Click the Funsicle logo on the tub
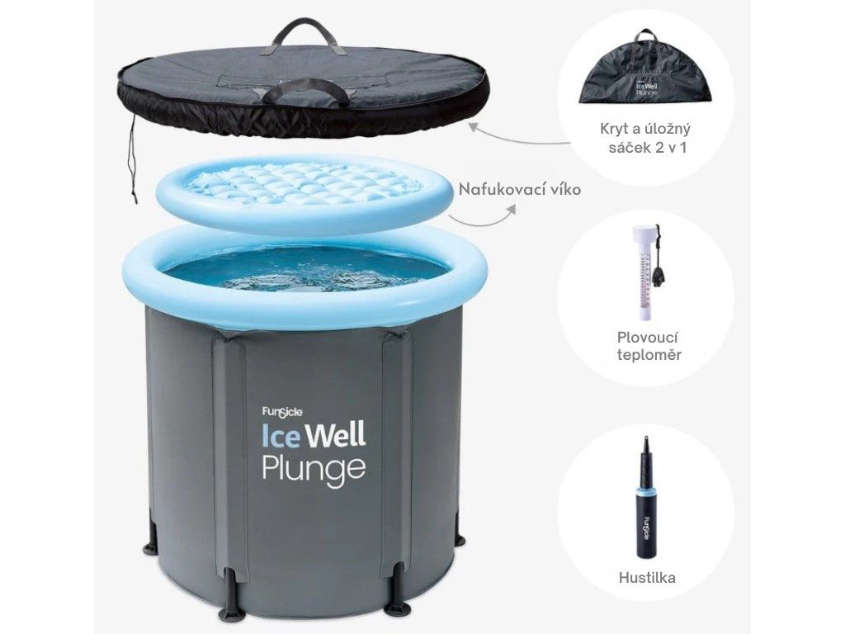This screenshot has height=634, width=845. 282,412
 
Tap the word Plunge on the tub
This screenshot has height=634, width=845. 314,470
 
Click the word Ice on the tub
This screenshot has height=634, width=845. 281,436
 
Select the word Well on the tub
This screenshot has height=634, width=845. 335,436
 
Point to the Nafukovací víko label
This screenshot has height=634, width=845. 520,189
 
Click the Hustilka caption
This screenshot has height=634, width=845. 647,578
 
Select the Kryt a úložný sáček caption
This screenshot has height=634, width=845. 645,138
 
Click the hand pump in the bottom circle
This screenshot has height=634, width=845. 645,496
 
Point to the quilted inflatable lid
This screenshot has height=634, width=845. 302,193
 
